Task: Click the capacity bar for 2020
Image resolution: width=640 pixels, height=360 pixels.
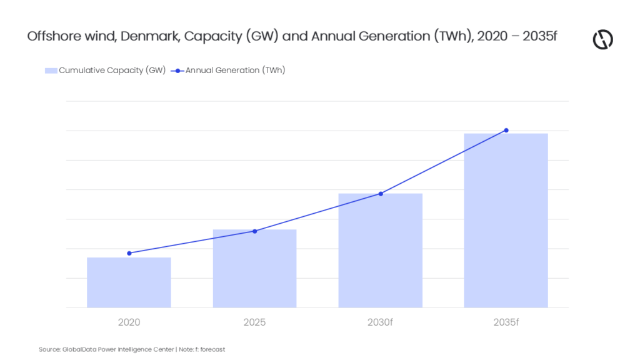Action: tap(129, 282)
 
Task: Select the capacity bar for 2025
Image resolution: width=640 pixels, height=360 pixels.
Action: tap(255, 269)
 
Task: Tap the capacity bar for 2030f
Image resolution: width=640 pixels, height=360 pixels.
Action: tap(381, 251)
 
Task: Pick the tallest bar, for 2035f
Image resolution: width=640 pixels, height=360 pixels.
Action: tap(506, 221)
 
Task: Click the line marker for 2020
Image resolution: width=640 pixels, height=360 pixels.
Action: tap(129, 254)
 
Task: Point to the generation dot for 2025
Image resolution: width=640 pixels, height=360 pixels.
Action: tap(255, 231)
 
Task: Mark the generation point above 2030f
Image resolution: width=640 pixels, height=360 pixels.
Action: tap(381, 194)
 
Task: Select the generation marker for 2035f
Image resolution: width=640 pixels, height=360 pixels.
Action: tap(506, 131)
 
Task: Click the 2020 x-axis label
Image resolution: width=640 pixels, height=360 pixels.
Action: tap(129, 322)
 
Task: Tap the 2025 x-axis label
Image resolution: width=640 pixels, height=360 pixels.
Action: tap(255, 322)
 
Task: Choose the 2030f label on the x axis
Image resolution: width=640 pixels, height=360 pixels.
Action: tap(380, 322)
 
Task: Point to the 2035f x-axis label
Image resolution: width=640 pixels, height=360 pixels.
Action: tap(506, 322)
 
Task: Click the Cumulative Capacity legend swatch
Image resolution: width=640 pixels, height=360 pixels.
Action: tap(51, 71)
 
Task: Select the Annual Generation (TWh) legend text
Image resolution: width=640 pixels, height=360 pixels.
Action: tap(236, 70)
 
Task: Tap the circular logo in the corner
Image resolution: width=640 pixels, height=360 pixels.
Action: tap(603, 39)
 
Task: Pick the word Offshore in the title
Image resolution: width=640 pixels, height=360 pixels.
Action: tap(54, 36)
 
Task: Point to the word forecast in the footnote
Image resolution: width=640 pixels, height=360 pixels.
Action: tap(212, 349)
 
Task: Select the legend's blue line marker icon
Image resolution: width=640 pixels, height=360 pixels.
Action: tap(177, 71)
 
